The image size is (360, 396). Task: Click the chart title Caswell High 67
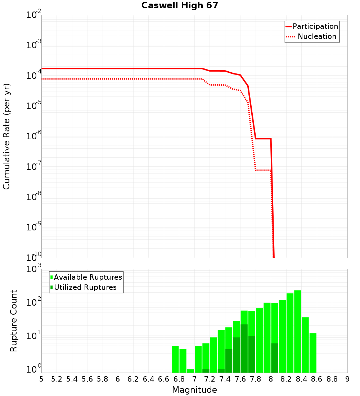pyautogui.click(x=180, y=5)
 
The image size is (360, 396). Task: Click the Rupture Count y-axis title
pyautogui.click(x=14, y=320)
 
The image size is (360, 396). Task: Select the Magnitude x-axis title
pyautogui.click(x=194, y=390)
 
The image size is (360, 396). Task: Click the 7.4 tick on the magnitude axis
pyautogui.click(x=225, y=379)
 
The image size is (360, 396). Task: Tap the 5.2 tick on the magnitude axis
pyautogui.click(x=57, y=379)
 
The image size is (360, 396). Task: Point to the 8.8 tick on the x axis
pyautogui.click(x=332, y=379)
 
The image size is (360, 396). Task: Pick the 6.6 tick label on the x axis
pyautogui.click(x=164, y=379)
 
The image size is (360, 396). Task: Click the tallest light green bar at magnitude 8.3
pyautogui.click(x=298, y=331)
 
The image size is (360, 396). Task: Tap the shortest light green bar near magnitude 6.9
pyautogui.click(x=190, y=371)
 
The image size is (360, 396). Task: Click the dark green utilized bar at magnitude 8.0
pyautogui.click(x=275, y=358)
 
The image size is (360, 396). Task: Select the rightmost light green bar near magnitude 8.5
pyautogui.click(x=313, y=353)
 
